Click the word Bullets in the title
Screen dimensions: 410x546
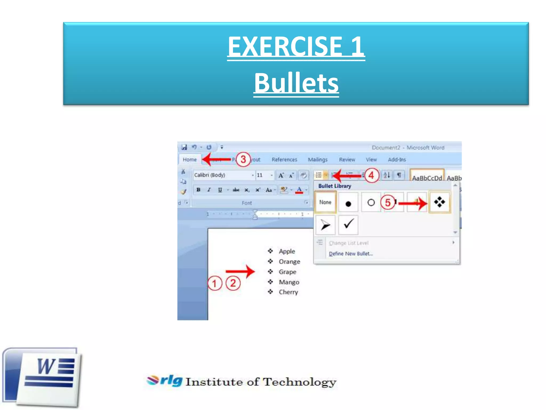(x=296, y=83)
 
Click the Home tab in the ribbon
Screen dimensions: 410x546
(x=190, y=159)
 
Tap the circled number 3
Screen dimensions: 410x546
(x=243, y=159)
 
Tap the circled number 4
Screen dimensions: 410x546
(x=371, y=175)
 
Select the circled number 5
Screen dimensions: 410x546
(x=388, y=203)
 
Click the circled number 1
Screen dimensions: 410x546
(x=215, y=283)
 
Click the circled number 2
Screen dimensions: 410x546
(x=233, y=283)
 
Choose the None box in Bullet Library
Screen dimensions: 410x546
(x=325, y=202)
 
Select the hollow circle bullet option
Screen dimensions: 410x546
(x=371, y=203)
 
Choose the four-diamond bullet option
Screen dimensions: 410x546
(x=439, y=202)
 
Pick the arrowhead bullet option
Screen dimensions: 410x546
(x=325, y=225)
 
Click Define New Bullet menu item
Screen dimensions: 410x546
(x=351, y=254)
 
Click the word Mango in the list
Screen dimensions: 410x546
(x=289, y=282)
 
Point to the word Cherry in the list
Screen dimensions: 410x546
(x=288, y=292)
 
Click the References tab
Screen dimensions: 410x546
(x=284, y=160)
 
